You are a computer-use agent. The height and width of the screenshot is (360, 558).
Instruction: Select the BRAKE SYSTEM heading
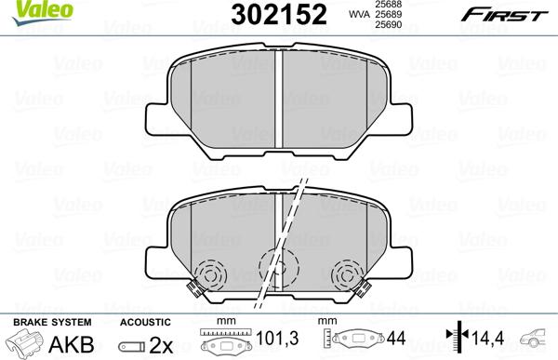39,321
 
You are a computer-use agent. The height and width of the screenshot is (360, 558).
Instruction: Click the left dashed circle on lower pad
212,273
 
